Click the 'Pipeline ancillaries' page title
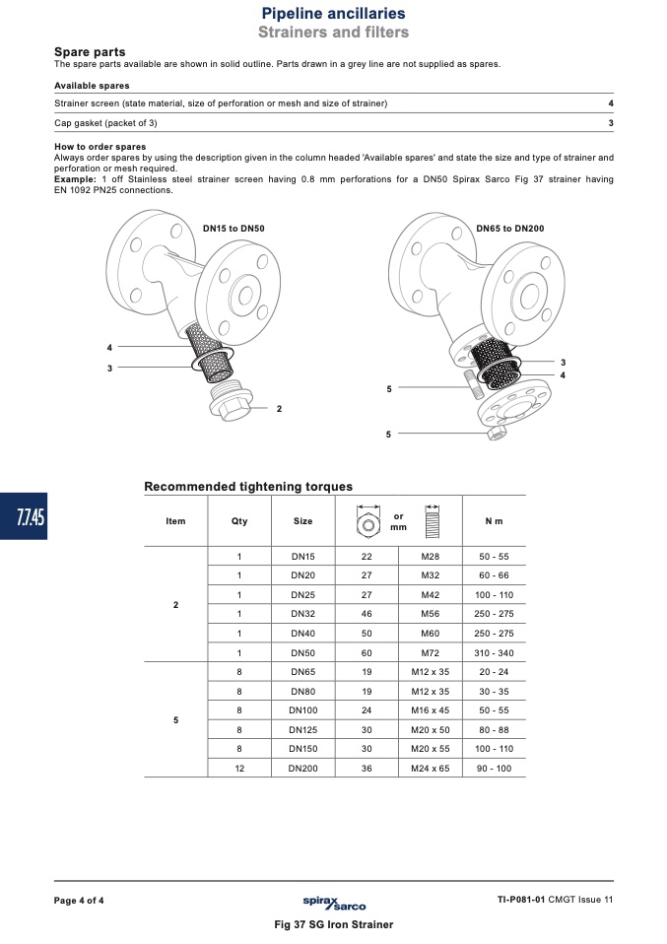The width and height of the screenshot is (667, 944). coord(333,13)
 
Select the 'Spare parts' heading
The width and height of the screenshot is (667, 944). coord(90,52)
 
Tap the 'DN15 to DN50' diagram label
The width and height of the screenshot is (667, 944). coord(233,229)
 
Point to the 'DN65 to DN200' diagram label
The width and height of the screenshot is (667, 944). coord(510,229)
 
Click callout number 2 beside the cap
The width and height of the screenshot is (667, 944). coord(280,409)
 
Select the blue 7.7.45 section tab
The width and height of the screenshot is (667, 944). coord(24,516)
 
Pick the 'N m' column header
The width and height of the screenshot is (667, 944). coord(495,521)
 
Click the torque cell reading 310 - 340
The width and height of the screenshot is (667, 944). coord(495,652)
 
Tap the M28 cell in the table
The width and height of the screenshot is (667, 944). coord(431,557)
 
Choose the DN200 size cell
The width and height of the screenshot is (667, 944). coord(302,769)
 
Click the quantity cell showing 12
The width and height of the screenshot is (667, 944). coord(239,769)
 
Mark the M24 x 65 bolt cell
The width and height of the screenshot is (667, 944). coord(431,769)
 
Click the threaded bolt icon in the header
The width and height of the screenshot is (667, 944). coord(433,521)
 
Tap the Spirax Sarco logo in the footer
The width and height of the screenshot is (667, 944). coord(334,903)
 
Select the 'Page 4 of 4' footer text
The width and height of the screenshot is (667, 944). coord(79,901)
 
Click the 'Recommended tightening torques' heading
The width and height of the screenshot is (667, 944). coord(248,487)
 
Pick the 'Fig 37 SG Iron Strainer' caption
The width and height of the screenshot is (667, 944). coord(333,924)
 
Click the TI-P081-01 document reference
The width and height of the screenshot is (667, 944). coord(521,900)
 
